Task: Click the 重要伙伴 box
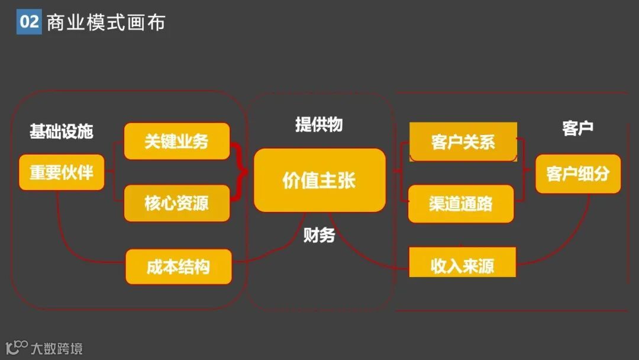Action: pos(62,172)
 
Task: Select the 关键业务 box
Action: pos(176,142)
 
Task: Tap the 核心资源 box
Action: pos(176,203)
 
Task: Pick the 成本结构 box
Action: pos(178,266)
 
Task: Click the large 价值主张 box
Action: pos(319,181)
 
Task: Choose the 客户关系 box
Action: pos(463,142)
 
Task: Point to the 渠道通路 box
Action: pos(461,204)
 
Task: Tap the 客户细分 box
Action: pos(577,173)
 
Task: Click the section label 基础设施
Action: pos(62,131)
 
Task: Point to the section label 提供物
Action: pos(319,124)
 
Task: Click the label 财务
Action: pos(319,235)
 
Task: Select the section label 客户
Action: pos(577,127)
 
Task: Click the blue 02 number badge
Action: pos(29,22)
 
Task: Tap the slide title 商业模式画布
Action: pos(106,22)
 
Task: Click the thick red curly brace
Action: pos(239,172)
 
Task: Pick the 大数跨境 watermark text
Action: pos(57,348)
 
